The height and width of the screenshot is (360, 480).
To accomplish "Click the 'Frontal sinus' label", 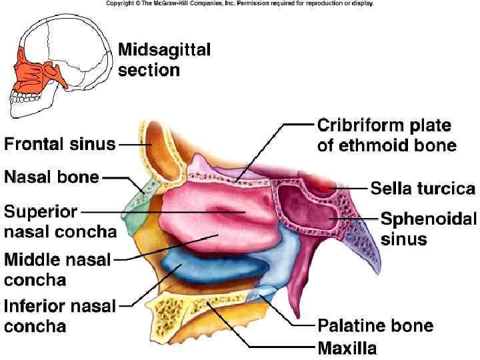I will click(60, 144).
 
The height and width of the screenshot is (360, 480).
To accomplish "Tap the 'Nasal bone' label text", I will click(52, 177).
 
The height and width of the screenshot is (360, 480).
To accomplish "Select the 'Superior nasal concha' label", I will click(60, 221).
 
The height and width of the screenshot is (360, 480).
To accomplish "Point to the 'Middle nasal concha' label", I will click(57, 269).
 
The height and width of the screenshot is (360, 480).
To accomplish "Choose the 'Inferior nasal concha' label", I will click(60, 316).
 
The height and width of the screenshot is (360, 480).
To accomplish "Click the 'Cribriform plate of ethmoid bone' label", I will click(387, 135).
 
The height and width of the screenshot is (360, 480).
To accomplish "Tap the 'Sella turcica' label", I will click(423, 189).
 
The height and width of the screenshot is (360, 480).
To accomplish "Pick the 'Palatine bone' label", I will click(375, 326).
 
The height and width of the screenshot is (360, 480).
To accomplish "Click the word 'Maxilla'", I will click(347, 347).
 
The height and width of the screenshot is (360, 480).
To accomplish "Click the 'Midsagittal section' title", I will click(164, 59).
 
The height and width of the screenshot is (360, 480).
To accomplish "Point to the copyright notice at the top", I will click(240, 3).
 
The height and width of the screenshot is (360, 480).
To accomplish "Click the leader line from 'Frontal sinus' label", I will click(130, 144).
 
